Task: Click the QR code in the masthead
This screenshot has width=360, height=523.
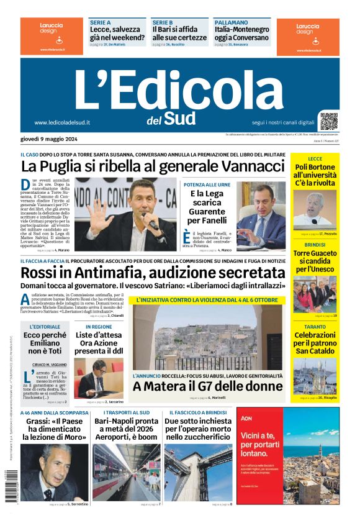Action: pyautogui.click(x=329, y=121)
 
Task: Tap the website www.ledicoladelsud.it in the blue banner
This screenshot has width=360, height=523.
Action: pyautogui.click(x=62, y=122)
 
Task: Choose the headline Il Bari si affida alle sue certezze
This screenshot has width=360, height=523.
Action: pyautogui.click(x=179, y=33)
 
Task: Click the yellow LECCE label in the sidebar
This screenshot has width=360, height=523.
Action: pyautogui.click(x=315, y=159)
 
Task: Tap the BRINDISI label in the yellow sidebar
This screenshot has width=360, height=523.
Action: pyautogui.click(x=315, y=245)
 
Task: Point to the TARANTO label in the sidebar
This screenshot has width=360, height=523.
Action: pyautogui.click(x=315, y=327)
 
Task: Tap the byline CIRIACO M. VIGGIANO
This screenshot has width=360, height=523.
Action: pyautogui.click(x=50, y=363)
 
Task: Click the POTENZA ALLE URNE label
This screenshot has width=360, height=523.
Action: pyautogui.click(x=207, y=185)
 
